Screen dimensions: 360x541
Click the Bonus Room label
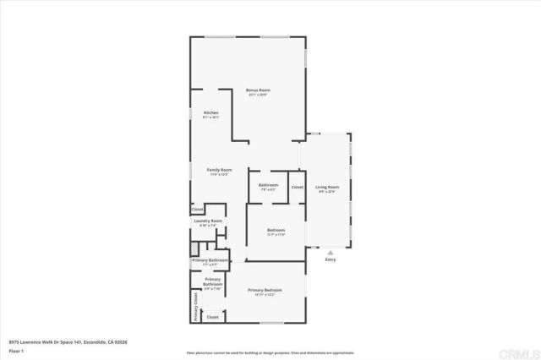258,90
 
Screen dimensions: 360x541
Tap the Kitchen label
210,113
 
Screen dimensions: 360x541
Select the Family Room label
220,170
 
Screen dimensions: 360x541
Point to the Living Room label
327,187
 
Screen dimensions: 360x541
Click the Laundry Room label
208,221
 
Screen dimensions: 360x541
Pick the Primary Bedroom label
265,290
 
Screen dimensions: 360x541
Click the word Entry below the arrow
330,259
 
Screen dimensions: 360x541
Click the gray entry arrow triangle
330,251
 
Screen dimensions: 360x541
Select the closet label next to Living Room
298,187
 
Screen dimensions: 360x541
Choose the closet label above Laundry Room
197,209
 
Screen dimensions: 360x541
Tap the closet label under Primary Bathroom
212,317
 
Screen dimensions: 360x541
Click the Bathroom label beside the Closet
268,184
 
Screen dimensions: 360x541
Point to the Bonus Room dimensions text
258,95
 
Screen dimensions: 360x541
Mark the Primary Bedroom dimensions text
265,295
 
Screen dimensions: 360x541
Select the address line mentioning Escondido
68,341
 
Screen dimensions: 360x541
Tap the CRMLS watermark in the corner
522,352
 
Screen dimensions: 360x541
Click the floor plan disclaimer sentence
270,352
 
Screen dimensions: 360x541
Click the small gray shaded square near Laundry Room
194,248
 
